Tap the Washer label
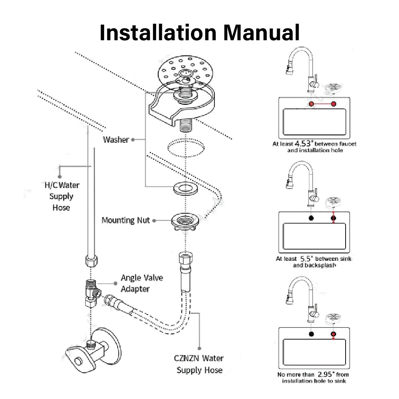click(x=116, y=140)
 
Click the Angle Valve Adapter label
click(x=142, y=283)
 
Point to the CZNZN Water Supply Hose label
click(x=199, y=364)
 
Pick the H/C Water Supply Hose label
click(x=61, y=196)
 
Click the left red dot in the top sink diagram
click(x=311, y=104)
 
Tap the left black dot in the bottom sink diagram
click(x=311, y=334)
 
